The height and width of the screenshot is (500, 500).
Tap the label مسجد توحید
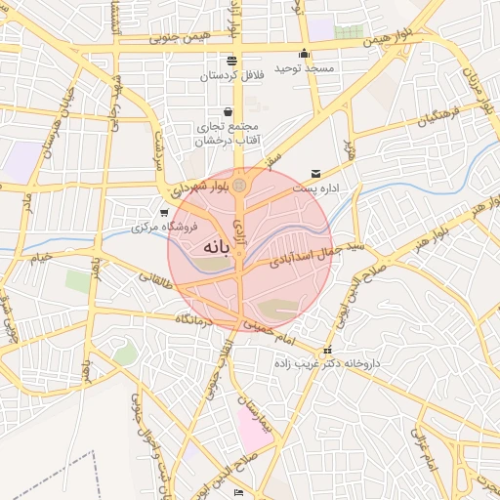coord(306,69)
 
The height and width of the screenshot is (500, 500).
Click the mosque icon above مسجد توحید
coord(305,54)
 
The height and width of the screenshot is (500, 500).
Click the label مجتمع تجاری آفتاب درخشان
coord(227,133)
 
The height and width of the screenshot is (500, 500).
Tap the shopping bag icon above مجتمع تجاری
coord(228,111)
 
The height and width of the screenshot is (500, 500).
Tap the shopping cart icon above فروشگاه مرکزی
coord(163,212)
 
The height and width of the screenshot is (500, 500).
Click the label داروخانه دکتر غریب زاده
coord(329,363)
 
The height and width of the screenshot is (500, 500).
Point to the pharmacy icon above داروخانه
coord(327,350)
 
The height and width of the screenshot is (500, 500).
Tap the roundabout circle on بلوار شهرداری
coord(239,185)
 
